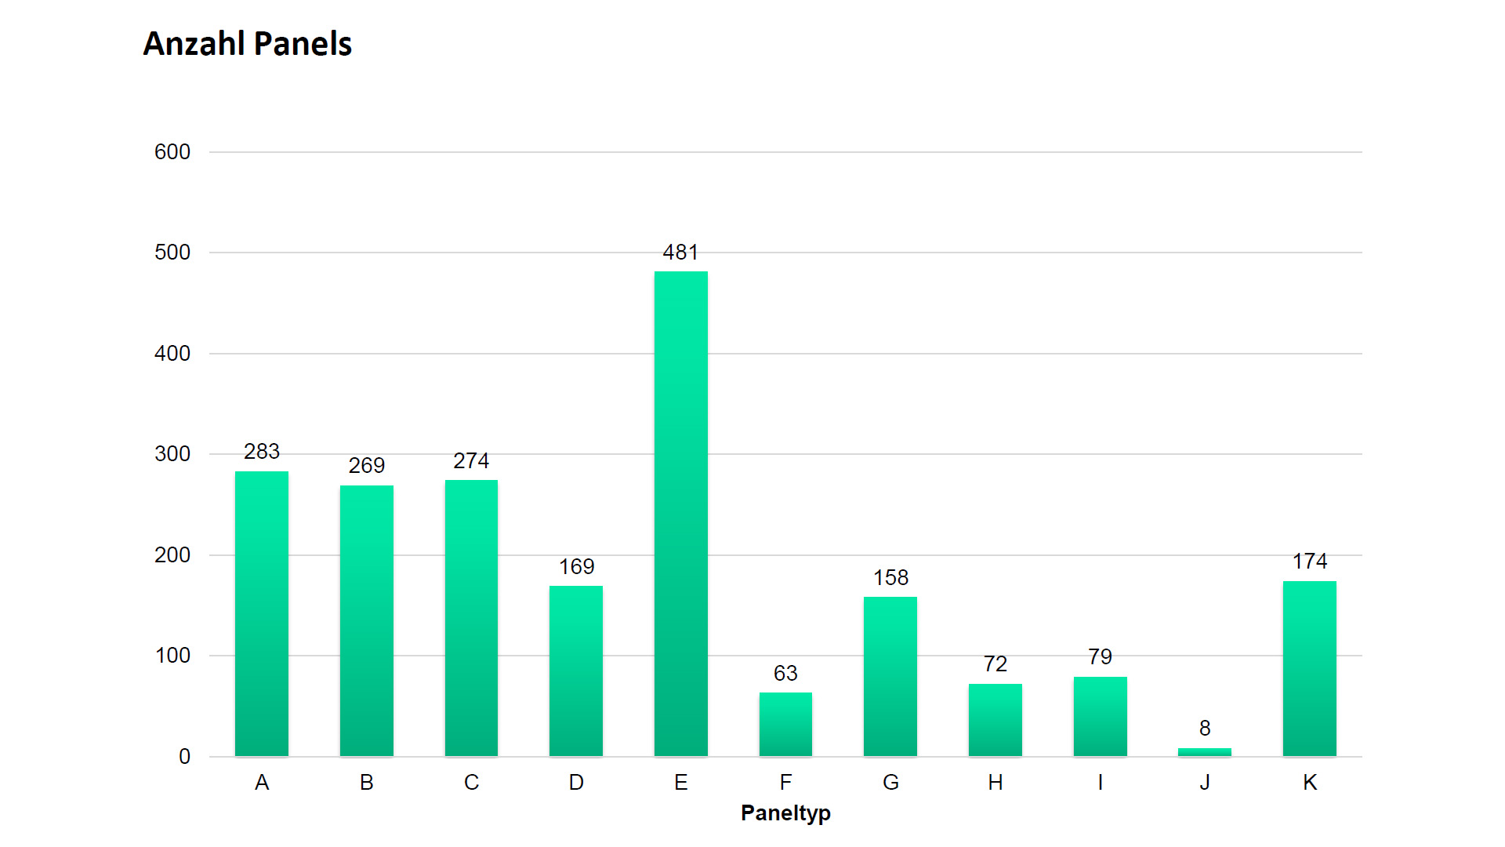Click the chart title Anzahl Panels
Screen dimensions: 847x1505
click(247, 44)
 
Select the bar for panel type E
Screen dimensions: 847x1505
click(680, 514)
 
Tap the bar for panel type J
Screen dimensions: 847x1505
click(1204, 752)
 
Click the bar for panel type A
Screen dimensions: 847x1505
click(262, 613)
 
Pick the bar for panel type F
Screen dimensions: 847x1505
click(785, 724)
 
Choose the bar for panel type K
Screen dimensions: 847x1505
click(1309, 668)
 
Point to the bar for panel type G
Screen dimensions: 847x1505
click(890, 676)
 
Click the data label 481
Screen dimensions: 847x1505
click(680, 253)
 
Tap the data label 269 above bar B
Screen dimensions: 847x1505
click(366, 466)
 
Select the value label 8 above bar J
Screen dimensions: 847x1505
click(1205, 729)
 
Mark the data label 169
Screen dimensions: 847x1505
click(576, 567)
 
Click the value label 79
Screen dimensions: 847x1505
click(1100, 657)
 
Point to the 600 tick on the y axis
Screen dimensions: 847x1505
click(172, 152)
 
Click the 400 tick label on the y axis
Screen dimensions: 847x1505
click(172, 354)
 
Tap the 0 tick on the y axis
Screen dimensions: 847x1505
click(184, 757)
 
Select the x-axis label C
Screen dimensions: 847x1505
click(471, 783)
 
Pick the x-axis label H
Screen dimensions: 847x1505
click(995, 783)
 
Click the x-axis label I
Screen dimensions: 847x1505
click(1100, 783)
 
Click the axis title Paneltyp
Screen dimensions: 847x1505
click(785, 813)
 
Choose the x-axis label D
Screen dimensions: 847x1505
click(576, 783)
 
